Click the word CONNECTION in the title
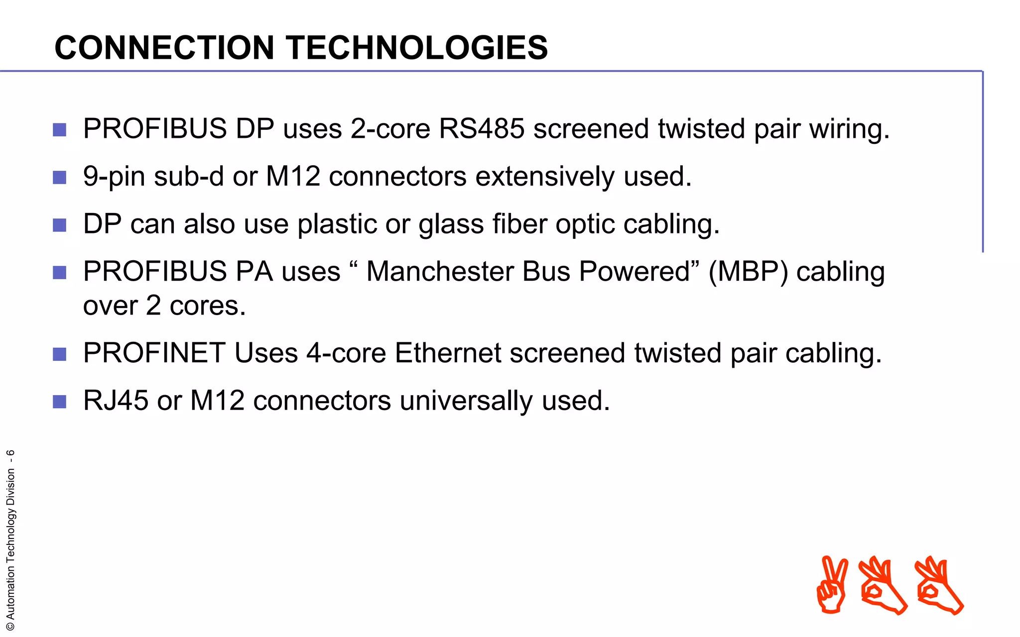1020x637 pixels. coord(164,48)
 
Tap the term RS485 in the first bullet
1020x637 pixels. coord(481,128)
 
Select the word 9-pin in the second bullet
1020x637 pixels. coord(114,177)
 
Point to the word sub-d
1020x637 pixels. coord(189,177)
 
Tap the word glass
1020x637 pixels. coord(451,224)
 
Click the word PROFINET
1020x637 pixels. coord(154,353)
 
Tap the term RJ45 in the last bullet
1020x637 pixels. coord(116,401)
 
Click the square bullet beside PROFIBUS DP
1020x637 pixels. coord(60,130)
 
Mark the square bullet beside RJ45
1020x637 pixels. coord(60,402)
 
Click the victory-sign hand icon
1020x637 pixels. coord(832,584)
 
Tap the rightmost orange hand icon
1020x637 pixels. coord(939,586)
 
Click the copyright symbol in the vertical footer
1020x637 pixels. coord(10,627)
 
